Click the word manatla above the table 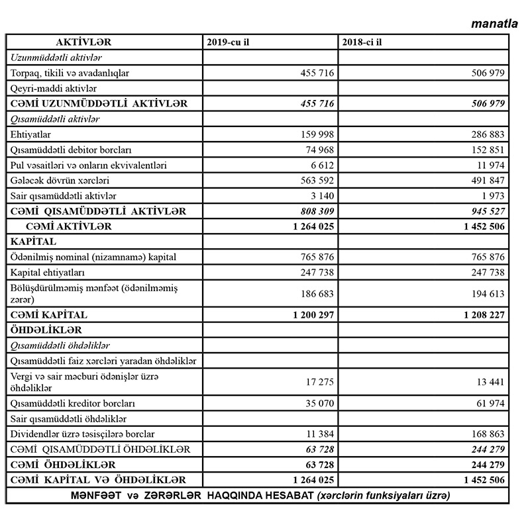[x=494, y=24]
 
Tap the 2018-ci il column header [x=364, y=42]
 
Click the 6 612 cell [x=319, y=165]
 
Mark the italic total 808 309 [x=311, y=211]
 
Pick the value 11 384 [x=316, y=434]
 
